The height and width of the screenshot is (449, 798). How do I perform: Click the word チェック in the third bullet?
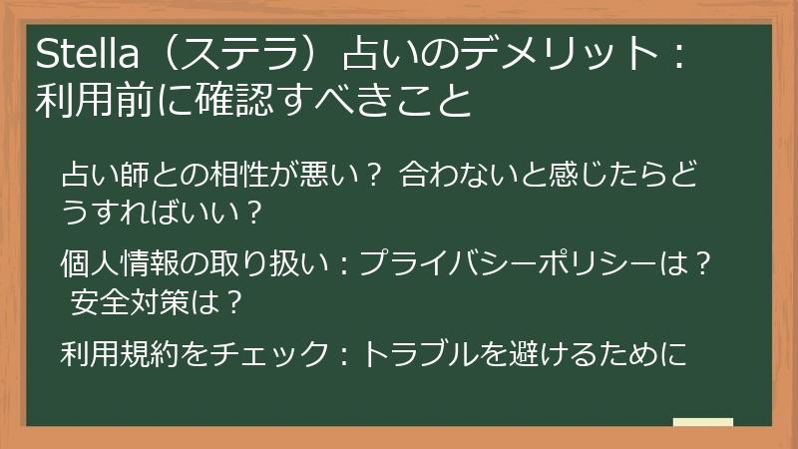pyautogui.click(x=268, y=353)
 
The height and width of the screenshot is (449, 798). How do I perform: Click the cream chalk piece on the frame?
pyautogui.click(x=703, y=423)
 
